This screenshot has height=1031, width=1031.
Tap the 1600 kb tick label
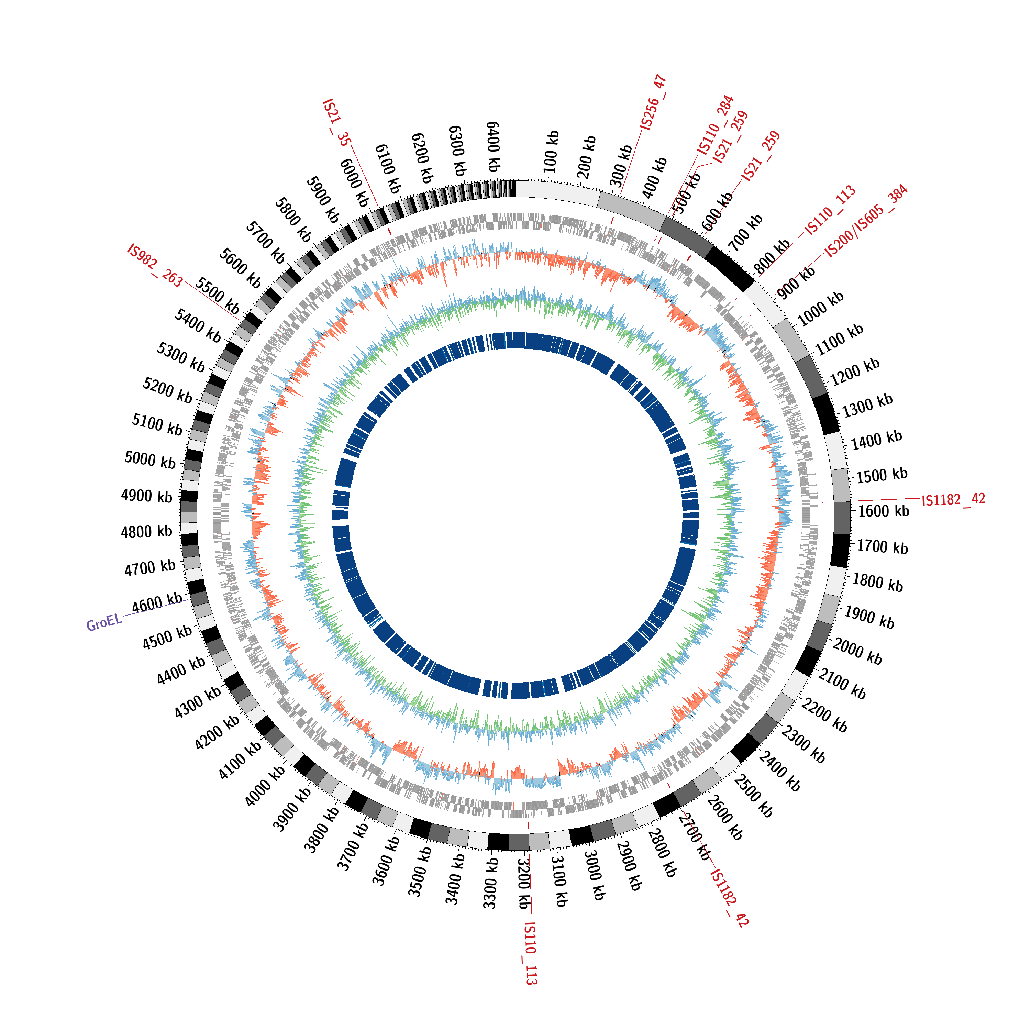(x=884, y=511)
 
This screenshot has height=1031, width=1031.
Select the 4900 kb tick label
(x=147, y=496)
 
